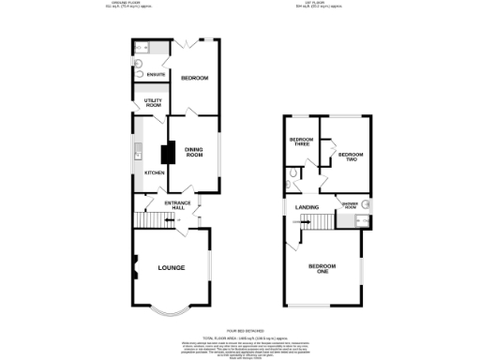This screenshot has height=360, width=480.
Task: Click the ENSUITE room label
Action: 156,74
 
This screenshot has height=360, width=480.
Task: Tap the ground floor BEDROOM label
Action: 194,78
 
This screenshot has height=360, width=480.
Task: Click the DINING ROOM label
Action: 194,152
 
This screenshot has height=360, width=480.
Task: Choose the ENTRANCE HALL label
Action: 178,206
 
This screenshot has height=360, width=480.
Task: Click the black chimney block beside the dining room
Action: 171,154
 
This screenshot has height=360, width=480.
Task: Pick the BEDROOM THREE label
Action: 300,142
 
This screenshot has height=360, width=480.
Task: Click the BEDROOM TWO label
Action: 349,157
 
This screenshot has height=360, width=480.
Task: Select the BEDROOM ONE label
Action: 322,268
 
